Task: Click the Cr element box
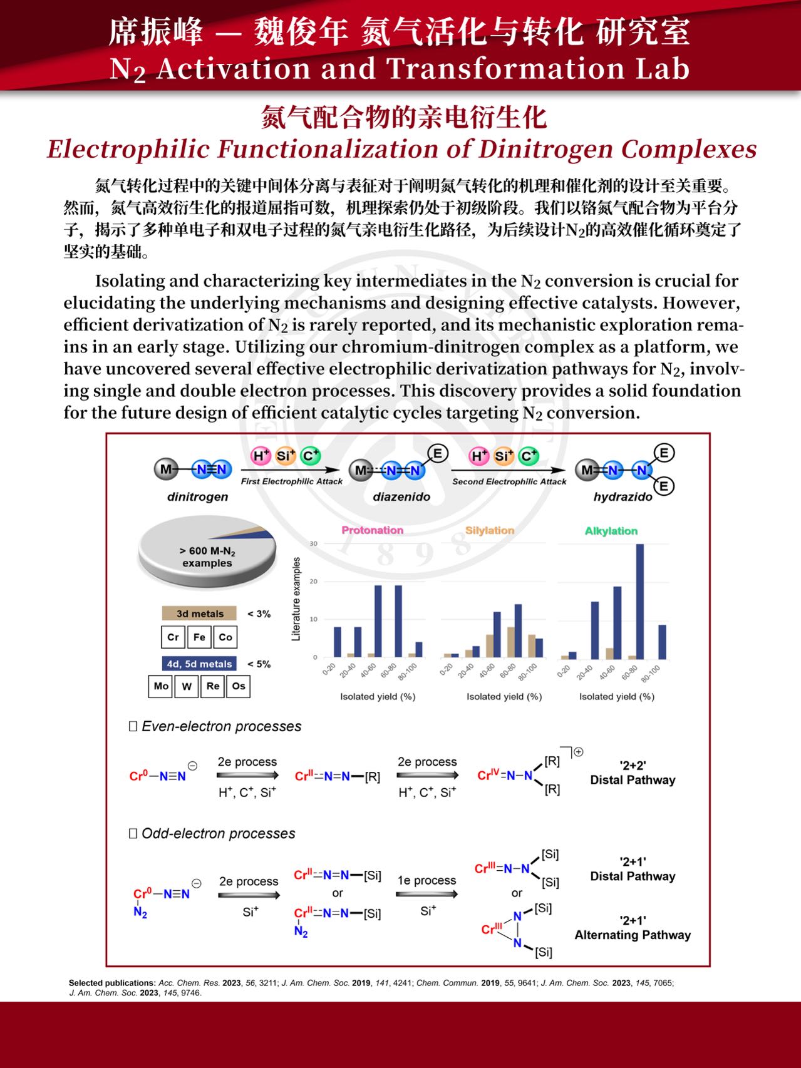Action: click(x=173, y=637)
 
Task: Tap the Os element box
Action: click(x=239, y=686)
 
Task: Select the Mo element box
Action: click(x=161, y=686)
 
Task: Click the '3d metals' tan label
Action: click(x=199, y=614)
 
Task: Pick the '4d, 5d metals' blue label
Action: click(x=199, y=664)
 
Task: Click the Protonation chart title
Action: click(x=372, y=530)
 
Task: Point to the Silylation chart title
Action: click(x=489, y=530)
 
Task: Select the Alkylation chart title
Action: click(x=611, y=531)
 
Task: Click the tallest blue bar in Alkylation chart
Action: click(x=639, y=601)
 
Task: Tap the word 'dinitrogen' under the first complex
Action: click(x=197, y=496)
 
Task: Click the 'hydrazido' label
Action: click(x=623, y=496)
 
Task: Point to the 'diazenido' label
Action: click(x=401, y=496)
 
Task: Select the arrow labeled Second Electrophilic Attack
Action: click(x=508, y=470)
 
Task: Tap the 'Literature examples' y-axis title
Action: click(x=296, y=598)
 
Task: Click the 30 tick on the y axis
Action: click(x=313, y=544)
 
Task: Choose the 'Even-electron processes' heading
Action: click(x=220, y=726)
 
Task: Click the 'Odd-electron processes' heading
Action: click(x=217, y=833)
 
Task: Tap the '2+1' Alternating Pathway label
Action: click(x=633, y=928)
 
